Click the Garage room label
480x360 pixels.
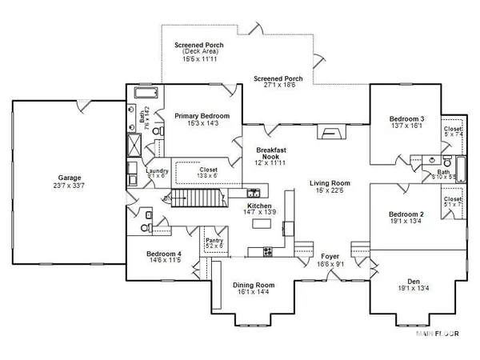[70, 178]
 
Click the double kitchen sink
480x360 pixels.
[253, 193]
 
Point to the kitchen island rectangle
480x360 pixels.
[261, 224]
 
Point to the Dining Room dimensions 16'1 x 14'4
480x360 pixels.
[254, 293]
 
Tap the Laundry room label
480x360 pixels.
[155, 170]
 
